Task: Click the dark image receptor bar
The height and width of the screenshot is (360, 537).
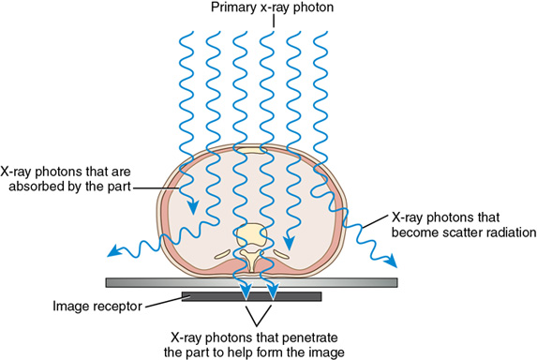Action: point(253,297)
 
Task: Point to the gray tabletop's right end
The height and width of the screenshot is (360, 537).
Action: point(398,282)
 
